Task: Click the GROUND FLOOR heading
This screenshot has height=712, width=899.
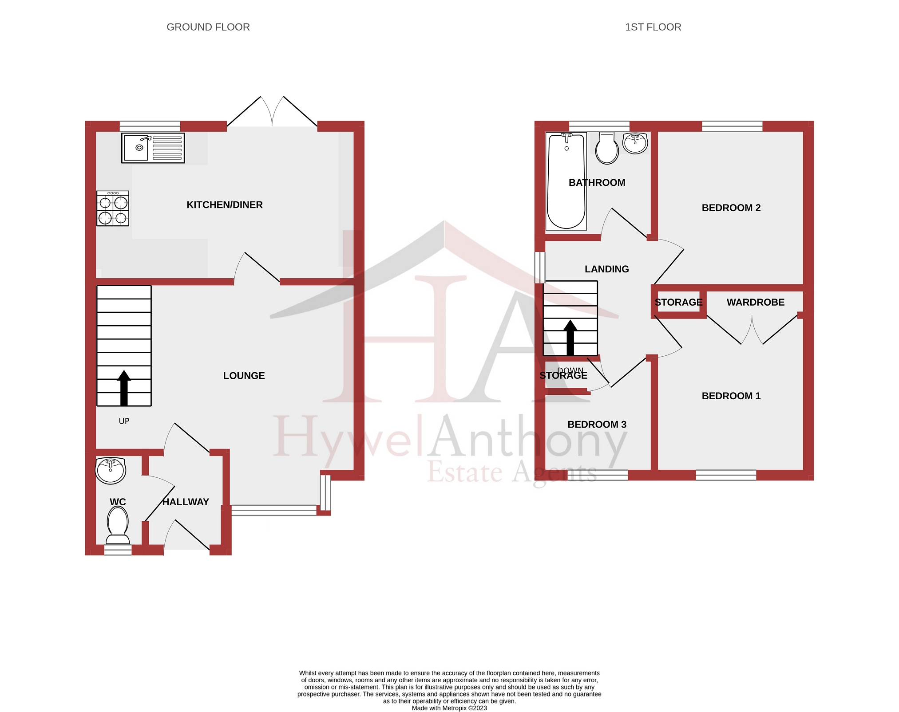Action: pos(208,27)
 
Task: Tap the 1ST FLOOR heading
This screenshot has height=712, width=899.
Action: pos(653,27)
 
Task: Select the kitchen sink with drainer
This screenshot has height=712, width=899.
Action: pos(153,148)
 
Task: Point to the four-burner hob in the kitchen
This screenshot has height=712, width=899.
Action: pos(113,208)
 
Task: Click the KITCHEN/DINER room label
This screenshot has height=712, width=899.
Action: pos(224,205)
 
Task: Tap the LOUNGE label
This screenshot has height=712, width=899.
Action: pos(244,376)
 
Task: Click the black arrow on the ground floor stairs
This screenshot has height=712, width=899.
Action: pos(124,388)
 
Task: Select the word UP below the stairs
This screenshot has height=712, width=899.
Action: pos(124,421)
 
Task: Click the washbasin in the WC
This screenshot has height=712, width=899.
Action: pos(111,471)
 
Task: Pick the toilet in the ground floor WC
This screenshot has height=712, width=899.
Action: pos(118,525)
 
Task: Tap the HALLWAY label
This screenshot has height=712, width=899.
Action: pos(186,502)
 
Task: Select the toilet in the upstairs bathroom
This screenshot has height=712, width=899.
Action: pos(607,149)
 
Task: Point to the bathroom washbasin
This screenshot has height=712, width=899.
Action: pos(635,143)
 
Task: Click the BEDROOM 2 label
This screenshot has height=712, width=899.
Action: pos(731,208)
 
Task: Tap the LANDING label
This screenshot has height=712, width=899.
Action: pos(606,269)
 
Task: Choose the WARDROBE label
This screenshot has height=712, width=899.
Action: pos(755,303)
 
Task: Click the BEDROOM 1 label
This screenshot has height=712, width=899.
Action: pos(731,396)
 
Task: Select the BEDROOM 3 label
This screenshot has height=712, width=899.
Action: pos(597,425)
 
